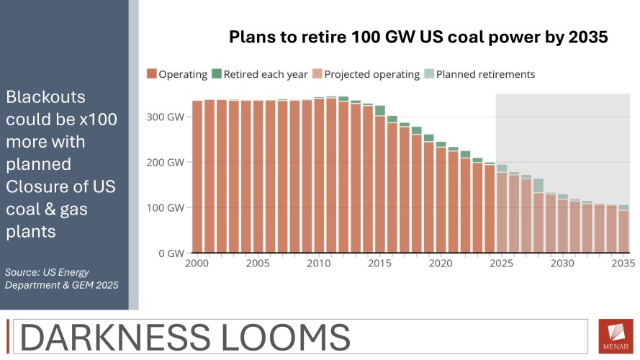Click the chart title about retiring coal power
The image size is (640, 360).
(x=418, y=37)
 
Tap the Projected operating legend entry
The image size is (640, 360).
(x=366, y=74)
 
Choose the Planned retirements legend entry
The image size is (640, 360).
(x=479, y=74)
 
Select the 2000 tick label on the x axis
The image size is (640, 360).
(x=197, y=264)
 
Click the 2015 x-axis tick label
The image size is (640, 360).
(x=379, y=264)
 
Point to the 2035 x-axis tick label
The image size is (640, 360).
(x=623, y=264)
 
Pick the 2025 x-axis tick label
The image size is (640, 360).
(x=501, y=264)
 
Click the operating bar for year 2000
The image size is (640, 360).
(x=197, y=177)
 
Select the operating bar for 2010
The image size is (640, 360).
(x=319, y=176)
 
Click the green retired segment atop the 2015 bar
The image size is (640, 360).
(x=380, y=110)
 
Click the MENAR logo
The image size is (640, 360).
(x=616, y=336)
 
